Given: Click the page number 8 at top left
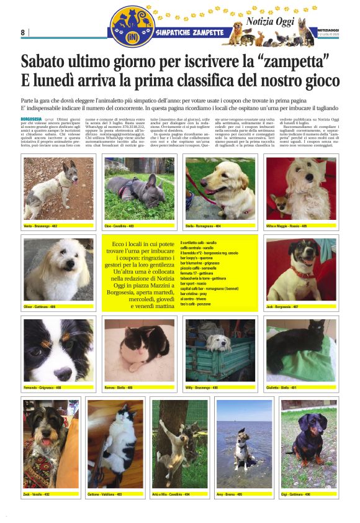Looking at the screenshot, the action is coord(23,32).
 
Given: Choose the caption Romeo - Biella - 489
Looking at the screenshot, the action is coord(122,387).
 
